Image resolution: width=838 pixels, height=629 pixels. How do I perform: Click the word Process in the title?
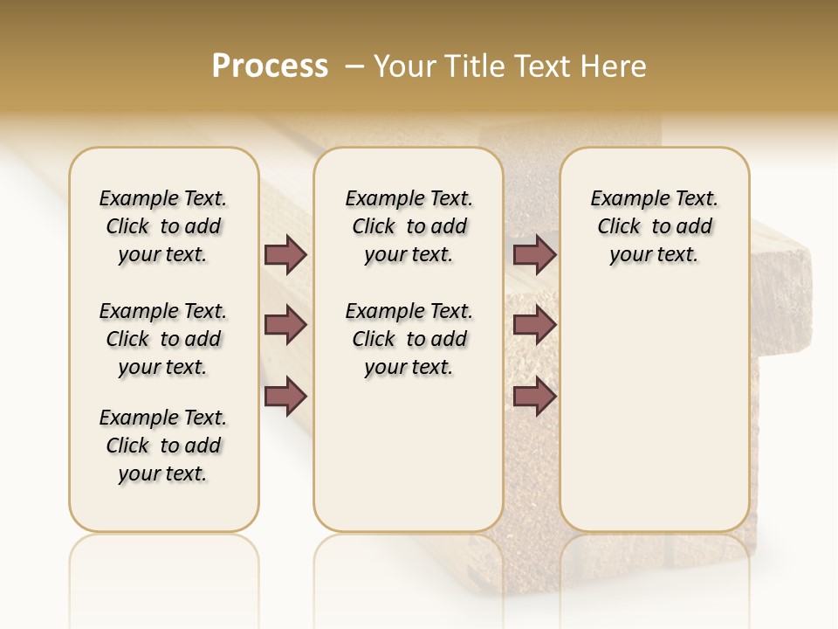click(x=270, y=66)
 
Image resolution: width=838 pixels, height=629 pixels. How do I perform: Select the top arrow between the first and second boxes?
click(x=285, y=254)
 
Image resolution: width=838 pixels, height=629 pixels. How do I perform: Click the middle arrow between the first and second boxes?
click(x=285, y=326)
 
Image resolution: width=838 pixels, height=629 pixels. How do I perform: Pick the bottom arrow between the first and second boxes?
click(x=285, y=397)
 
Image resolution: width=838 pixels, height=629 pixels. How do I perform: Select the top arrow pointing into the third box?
click(x=534, y=254)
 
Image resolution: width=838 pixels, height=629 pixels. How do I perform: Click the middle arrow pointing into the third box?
click(x=534, y=326)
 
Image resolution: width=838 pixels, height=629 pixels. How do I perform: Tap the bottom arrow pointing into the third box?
click(x=534, y=397)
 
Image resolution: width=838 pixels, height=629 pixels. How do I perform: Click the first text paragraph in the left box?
click(x=163, y=226)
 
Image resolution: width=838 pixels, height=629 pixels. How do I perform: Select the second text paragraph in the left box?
click(x=163, y=339)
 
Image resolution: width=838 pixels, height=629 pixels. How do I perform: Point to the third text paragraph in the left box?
click(x=163, y=446)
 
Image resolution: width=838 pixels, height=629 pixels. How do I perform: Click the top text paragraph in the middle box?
click(x=409, y=226)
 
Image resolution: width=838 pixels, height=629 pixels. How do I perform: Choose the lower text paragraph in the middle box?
click(x=409, y=339)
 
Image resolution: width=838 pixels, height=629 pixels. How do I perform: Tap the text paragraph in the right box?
click(x=654, y=226)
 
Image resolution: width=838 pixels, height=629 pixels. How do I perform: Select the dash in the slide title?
click(x=354, y=66)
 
